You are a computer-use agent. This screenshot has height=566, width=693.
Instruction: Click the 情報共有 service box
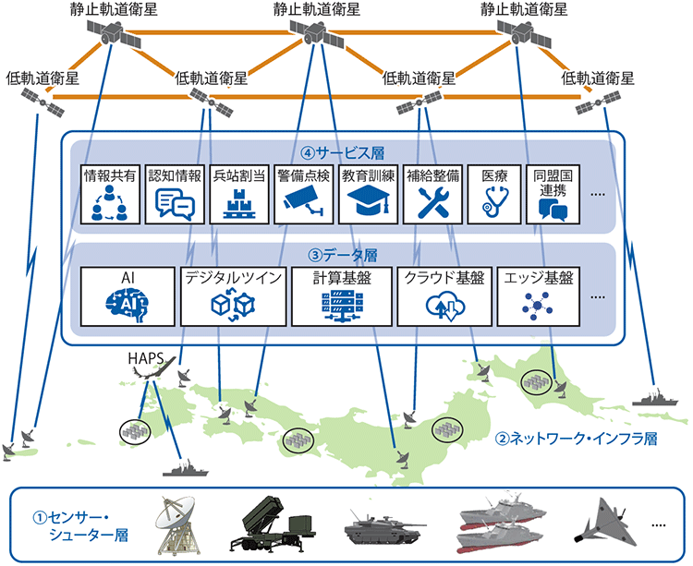(x=110, y=194)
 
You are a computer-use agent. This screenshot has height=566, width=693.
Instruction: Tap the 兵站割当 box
(x=238, y=194)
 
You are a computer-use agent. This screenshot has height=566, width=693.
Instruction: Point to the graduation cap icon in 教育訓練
(x=368, y=204)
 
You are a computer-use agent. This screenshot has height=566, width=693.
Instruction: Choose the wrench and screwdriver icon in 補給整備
(x=432, y=204)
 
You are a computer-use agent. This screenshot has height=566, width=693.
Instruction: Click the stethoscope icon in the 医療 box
(x=496, y=204)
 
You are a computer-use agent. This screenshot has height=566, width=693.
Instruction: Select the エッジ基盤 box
(x=535, y=295)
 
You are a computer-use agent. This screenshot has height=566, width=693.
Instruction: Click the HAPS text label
(x=145, y=357)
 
